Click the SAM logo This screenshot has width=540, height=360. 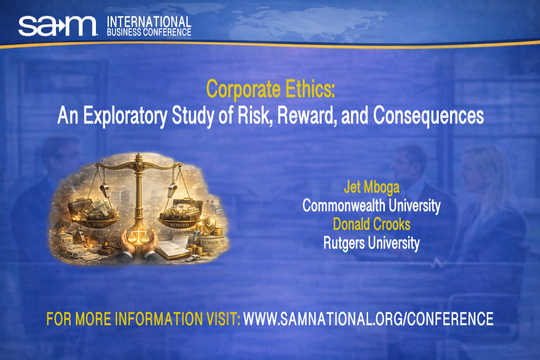point(57,25)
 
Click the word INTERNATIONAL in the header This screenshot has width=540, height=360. point(149,22)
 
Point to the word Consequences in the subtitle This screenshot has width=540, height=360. point(429,115)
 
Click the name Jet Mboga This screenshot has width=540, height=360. point(371,188)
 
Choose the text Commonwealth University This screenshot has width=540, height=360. point(371,206)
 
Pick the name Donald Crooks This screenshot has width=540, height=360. point(371,225)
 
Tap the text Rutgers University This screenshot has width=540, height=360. point(371,243)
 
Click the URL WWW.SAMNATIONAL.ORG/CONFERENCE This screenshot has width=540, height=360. point(368,319)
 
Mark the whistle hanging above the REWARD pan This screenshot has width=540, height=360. point(173,189)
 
